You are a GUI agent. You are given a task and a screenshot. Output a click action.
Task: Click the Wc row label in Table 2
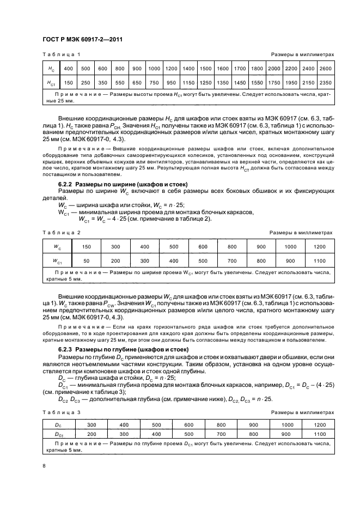pyautogui.click(x=57, y=246)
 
